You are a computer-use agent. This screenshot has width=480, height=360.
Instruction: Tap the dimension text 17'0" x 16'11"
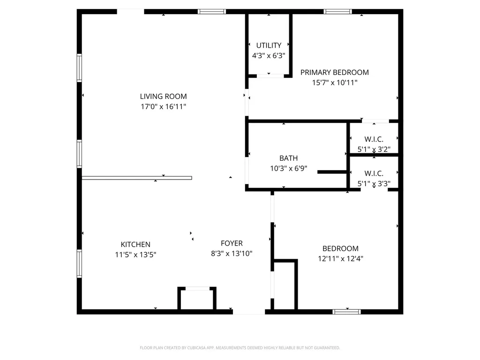coord(163,107)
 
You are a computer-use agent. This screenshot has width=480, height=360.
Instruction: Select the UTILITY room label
coord(269,45)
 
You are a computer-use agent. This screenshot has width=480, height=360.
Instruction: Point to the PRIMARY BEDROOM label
coord(334,72)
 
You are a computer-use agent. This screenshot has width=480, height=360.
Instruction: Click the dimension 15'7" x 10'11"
coord(334,82)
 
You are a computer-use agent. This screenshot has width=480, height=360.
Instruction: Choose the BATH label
coord(288,158)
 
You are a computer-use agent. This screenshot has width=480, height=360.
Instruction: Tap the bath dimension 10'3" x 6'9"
coord(288,169)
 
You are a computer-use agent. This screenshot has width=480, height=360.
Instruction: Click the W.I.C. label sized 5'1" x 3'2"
coord(374,139)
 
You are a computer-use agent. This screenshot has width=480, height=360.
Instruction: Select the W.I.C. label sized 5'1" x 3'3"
coord(374,173)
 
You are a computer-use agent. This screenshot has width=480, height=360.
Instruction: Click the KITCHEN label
coord(135,245)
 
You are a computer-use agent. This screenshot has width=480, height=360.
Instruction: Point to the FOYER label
coord(232,243)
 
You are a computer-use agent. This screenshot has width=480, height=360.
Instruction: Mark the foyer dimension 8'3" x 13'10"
coord(232,254)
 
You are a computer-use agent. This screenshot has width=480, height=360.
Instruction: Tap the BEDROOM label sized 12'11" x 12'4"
coord(340,248)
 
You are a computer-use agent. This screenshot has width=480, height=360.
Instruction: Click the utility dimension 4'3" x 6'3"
coord(269,55)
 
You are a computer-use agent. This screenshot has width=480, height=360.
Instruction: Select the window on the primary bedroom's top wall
coord(337,12)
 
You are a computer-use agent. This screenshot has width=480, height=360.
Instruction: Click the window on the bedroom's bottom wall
coord(346,311)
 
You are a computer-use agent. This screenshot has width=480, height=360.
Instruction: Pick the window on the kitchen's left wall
coord(79,264)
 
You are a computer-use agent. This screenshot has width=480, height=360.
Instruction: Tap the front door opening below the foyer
coord(249,311)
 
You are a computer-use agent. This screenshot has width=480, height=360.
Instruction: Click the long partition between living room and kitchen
coord(136,178)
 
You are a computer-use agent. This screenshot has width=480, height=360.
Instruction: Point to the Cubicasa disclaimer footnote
coord(240,348)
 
